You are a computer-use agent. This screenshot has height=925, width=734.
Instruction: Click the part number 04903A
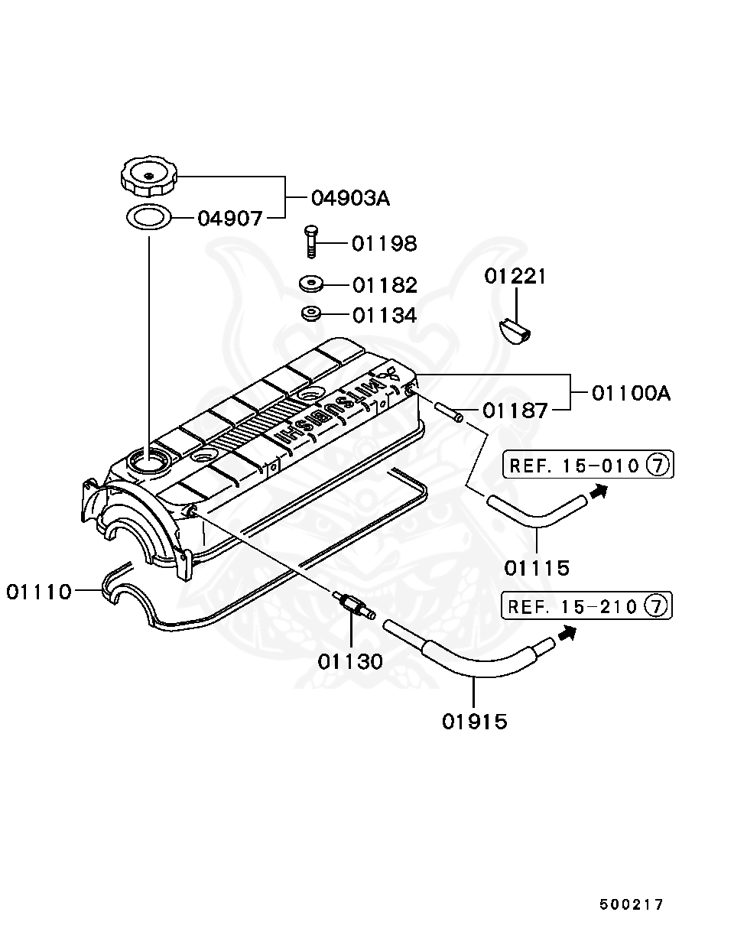349,199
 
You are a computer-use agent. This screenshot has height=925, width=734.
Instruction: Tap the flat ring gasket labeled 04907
148,217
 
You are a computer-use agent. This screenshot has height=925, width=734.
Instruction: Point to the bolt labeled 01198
310,242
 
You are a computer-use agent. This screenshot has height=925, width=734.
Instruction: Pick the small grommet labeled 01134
310,314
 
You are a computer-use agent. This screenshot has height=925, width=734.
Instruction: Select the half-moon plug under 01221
515,331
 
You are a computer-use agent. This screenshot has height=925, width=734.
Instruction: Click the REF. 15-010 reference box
587,465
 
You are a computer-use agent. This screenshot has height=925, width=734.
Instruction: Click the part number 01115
537,567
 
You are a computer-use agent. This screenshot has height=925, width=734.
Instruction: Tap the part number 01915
474,720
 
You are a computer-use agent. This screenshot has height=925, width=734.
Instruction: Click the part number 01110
39,591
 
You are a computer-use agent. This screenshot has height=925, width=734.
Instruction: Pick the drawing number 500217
632,904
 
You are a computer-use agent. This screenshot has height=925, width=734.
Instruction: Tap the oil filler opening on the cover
148,460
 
